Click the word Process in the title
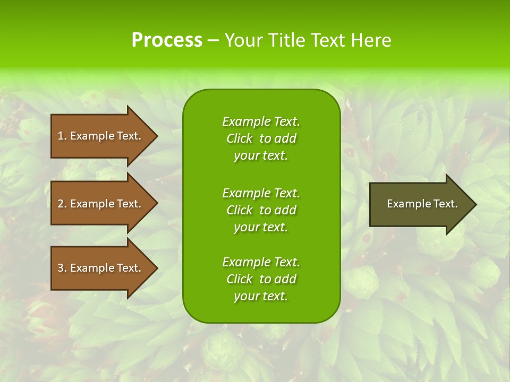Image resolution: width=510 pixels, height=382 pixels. pyautogui.click(x=167, y=40)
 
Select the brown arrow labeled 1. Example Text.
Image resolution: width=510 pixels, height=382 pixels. pyautogui.click(x=101, y=136)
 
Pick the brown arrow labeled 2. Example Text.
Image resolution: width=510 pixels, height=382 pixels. pyautogui.click(x=101, y=204)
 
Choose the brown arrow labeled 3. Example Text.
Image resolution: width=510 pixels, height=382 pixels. pyautogui.click(x=101, y=268)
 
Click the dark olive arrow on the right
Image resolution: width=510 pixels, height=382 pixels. pyautogui.click(x=420, y=204)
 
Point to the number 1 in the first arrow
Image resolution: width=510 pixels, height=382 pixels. pyautogui.click(x=61, y=136)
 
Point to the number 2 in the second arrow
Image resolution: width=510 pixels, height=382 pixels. pyautogui.click(x=61, y=204)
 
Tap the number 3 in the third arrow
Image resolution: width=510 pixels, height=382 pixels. pyautogui.click(x=61, y=268)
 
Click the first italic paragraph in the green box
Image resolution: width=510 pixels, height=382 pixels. pyautogui.click(x=261, y=138)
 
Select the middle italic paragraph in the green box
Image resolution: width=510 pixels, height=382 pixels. pyautogui.click(x=261, y=210)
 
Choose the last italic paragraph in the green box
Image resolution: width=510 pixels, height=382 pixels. pyautogui.click(x=261, y=279)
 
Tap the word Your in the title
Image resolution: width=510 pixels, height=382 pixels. pyautogui.click(x=243, y=40)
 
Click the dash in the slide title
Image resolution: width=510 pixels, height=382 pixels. pyautogui.click(x=213, y=40)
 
